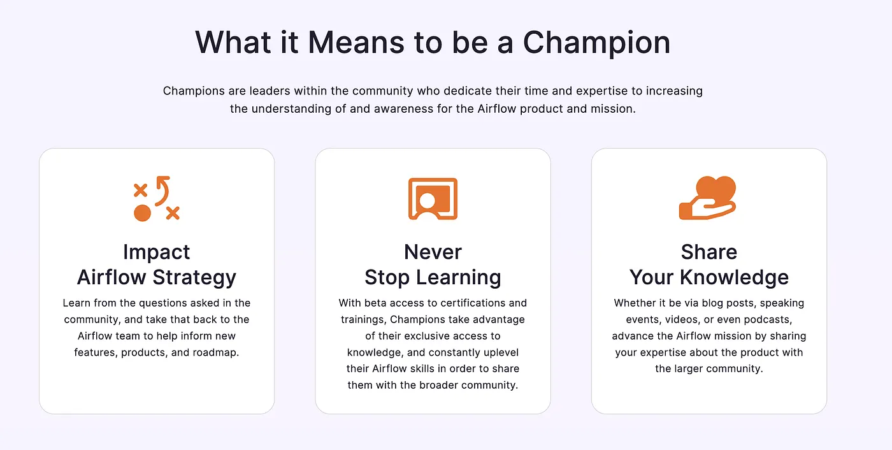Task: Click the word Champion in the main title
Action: (596, 43)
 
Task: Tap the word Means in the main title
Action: (356, 42)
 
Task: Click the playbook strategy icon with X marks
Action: (157, 199)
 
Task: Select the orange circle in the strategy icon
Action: (142, 213)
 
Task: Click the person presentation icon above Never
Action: (433, 199)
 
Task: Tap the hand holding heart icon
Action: (708, 199)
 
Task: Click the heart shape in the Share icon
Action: (716, 189)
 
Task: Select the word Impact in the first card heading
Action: (157, 252)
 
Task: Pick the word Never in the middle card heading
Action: (433, 252)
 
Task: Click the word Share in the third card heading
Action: (709, 252)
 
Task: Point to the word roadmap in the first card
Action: (215, 352)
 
